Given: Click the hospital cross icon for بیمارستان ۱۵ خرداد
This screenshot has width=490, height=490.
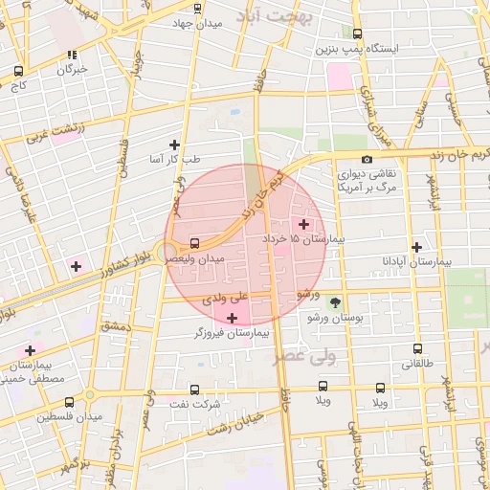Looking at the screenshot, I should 304,223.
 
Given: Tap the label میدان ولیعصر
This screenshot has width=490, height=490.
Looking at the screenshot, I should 196,259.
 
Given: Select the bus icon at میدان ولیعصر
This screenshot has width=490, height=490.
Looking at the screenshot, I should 196,243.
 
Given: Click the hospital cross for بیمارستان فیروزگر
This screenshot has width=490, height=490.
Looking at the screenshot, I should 233,317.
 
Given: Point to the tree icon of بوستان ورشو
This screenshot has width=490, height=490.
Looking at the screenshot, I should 333,301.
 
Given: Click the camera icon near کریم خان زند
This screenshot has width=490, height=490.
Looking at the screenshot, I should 367,160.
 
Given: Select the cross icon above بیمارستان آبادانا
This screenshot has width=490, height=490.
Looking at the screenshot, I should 415,246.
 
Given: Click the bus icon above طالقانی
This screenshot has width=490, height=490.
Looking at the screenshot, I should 415,349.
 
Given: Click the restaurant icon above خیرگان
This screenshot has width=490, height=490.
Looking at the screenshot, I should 73,55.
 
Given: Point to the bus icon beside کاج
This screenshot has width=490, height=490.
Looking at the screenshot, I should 19,70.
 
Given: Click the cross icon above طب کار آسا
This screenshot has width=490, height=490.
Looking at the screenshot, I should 174,145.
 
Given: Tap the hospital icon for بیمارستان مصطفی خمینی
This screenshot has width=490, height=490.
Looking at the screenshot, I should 30,350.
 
